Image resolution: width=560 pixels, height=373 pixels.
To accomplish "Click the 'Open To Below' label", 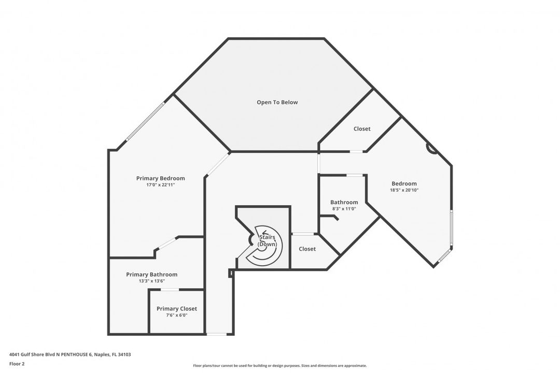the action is tap(277, 102).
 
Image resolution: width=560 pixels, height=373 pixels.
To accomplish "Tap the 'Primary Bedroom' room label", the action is tap(161, 178).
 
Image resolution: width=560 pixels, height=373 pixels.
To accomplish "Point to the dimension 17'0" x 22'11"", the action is tap(161, 185).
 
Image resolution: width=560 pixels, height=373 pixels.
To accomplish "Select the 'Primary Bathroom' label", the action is tap(152, 275).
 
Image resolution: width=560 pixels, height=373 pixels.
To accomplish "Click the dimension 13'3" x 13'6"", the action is tap(152, 281).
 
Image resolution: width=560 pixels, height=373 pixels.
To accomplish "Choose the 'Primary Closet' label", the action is tap(177, 309).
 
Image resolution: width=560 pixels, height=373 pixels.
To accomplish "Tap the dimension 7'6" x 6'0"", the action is tap(177, 315).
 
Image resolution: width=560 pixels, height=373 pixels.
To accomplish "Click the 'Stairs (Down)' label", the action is tap(267, 240).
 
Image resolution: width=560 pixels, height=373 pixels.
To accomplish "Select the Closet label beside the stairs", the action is tap(307, 249).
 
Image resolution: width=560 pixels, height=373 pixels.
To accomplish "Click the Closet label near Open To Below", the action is tap(362, 129).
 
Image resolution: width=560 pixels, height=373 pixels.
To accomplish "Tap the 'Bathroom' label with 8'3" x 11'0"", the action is tap(344, 202).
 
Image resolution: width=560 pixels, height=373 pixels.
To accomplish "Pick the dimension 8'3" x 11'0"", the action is tap(344, 209).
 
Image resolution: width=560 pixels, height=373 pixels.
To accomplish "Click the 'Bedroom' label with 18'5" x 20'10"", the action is tap(404, 183).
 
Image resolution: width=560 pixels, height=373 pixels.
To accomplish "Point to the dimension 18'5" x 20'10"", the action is tap(404, 190).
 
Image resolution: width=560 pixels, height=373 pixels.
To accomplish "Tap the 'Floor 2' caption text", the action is tap(17, 364).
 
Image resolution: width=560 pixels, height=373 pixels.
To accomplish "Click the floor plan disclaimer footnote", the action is tap(279, 366).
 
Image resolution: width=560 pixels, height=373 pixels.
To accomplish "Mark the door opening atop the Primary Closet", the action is tap(170, 290).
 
